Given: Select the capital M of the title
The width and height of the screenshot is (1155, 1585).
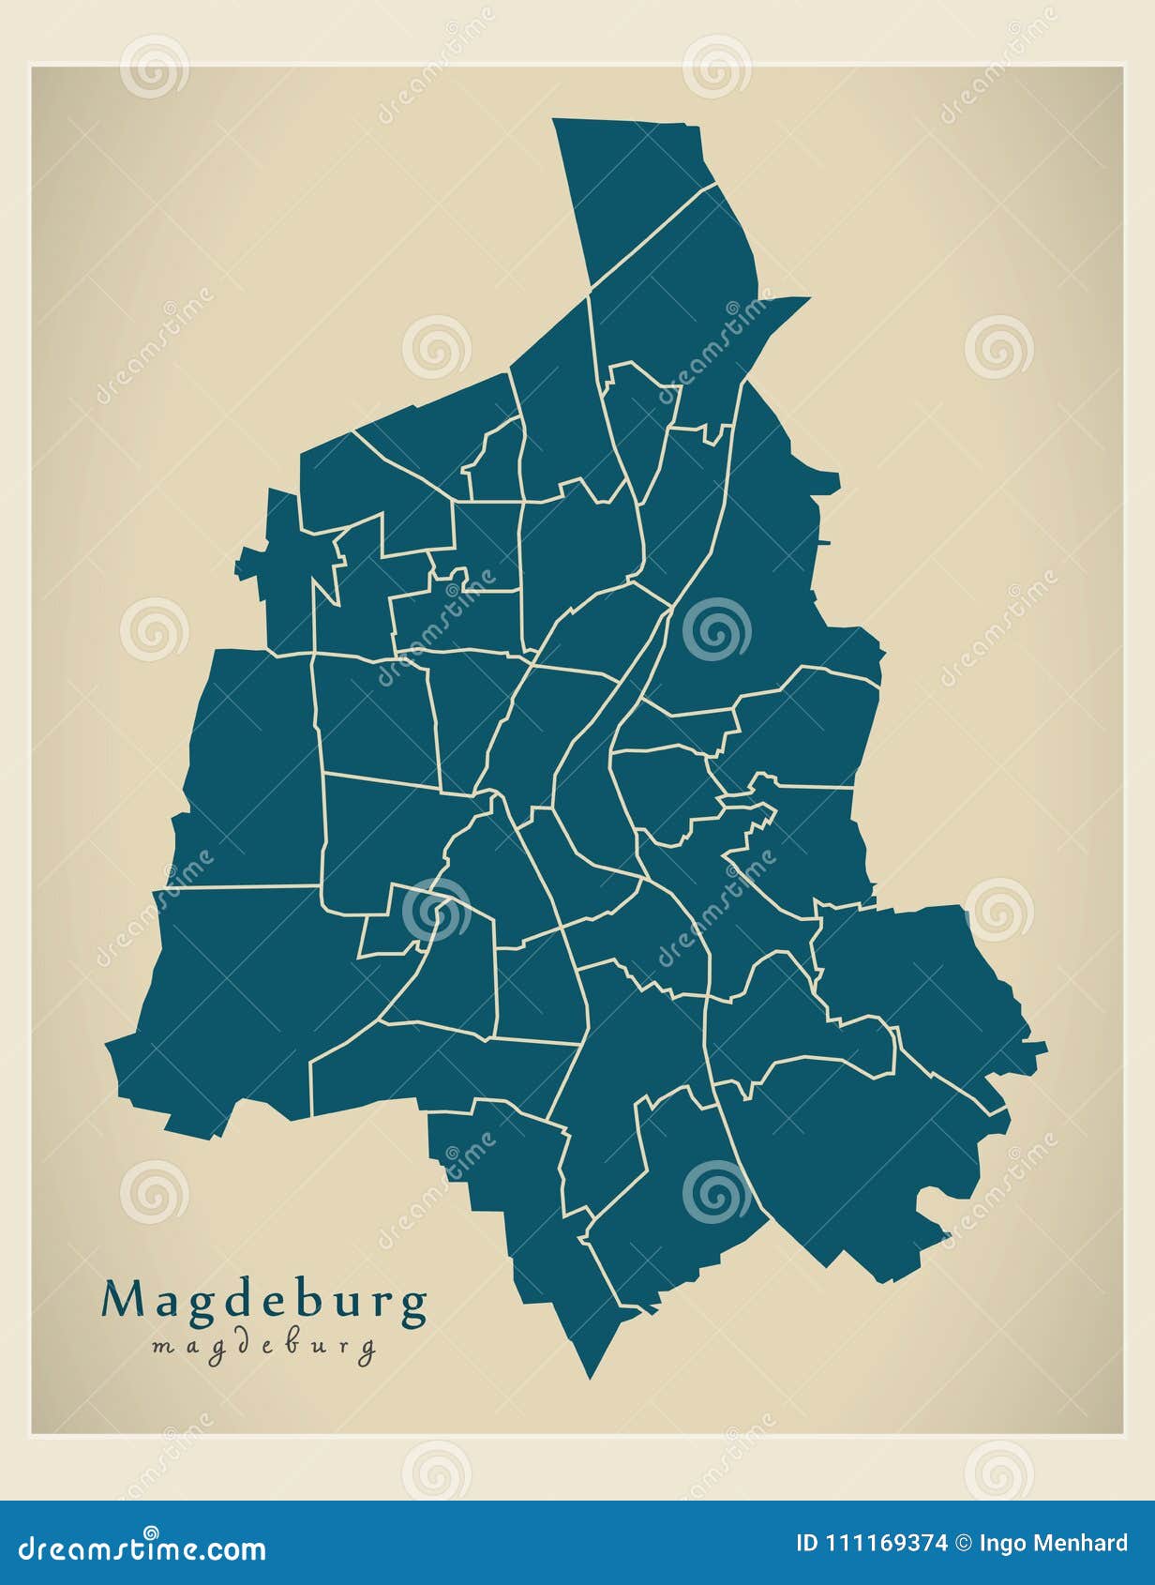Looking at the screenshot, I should click(122, 1300).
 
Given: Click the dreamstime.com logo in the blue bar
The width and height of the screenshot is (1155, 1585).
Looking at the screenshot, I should click(142, 1549).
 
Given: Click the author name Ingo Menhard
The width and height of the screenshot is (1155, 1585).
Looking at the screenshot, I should click(1053, 1544).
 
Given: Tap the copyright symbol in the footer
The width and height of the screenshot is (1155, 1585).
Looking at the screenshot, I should click(963, 1544).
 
